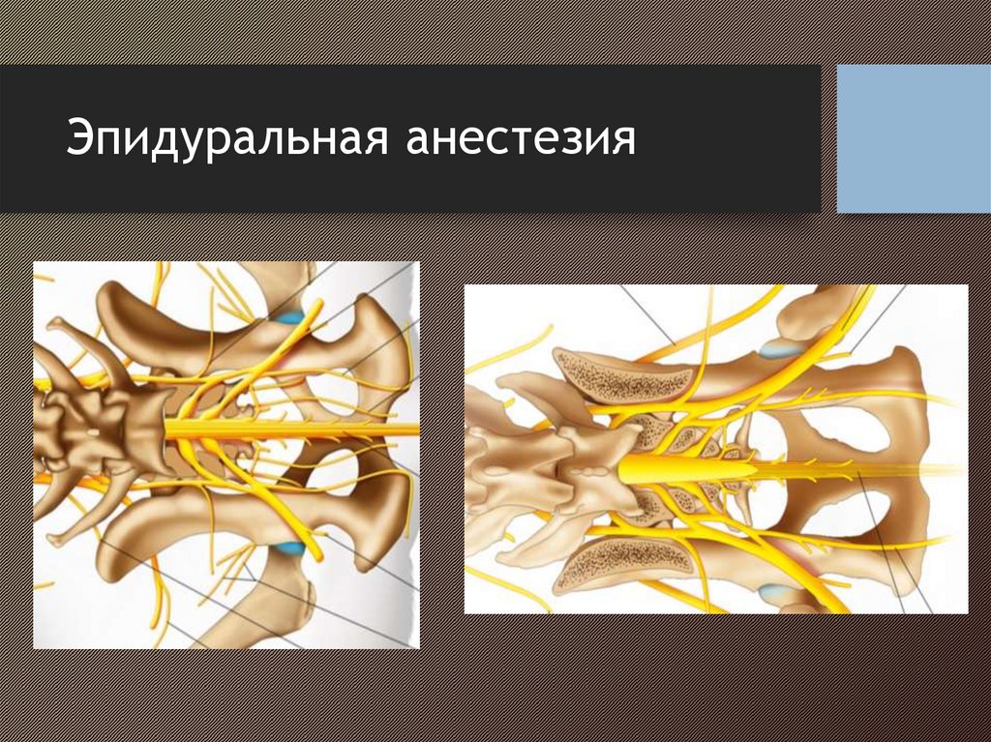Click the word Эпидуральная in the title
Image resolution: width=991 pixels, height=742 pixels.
tap(226, 138)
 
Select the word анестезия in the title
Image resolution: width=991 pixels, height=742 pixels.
tap(521, 138)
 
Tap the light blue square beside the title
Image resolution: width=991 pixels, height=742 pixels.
tap(914, 138)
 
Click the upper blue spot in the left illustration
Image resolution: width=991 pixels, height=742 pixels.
tap(290, 316)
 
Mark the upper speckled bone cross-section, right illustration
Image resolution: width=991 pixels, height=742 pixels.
tap(624, 377)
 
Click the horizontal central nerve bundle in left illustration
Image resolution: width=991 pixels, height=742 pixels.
tap(290, 430)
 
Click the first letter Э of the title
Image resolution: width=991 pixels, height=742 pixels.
tap(78, 138)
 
